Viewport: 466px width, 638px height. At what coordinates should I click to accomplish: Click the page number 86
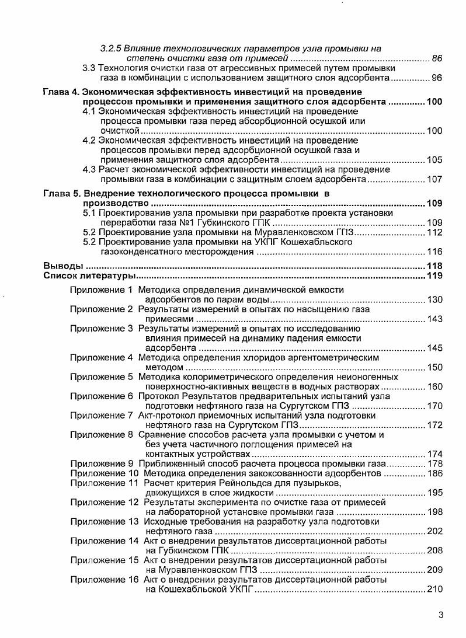coord(437,58)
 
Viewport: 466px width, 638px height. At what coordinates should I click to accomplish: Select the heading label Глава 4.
coord(61,92)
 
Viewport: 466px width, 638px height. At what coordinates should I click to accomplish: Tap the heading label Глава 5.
coord(61,193)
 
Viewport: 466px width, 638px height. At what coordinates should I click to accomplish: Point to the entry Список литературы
coord(90,276)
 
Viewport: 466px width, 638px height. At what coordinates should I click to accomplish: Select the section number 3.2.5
coord(110,48)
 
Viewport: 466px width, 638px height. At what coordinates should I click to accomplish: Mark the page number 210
coord(435,590)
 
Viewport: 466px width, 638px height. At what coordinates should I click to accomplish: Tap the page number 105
coord(435,159)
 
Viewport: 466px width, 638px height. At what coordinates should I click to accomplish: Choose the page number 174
coord(435,454)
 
